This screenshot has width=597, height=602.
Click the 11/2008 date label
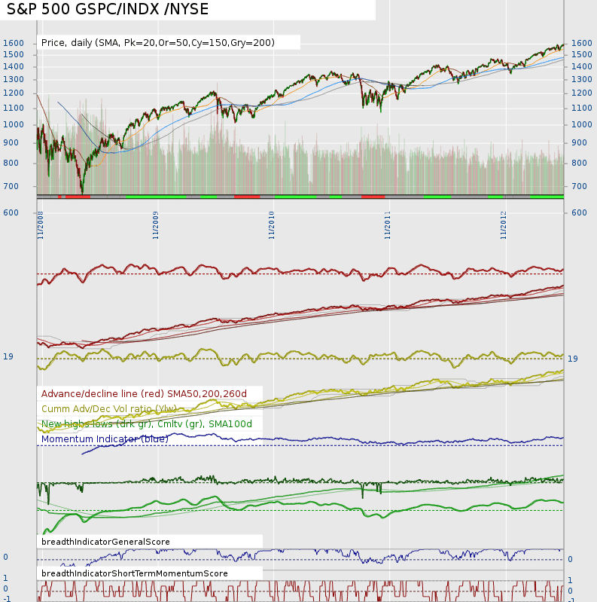40,225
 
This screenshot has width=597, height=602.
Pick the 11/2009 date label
156,225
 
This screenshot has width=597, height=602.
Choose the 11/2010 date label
272,225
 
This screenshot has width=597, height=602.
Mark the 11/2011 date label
388,225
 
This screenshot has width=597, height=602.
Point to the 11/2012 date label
504,225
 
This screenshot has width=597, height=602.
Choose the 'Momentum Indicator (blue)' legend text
105,439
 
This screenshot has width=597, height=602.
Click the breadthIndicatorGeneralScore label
105,542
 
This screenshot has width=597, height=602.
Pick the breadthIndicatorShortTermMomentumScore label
135,573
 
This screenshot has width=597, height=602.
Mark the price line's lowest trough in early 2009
82,193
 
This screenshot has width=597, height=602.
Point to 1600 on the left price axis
14,43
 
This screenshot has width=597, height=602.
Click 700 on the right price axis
579,186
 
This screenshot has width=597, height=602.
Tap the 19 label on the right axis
573,359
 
